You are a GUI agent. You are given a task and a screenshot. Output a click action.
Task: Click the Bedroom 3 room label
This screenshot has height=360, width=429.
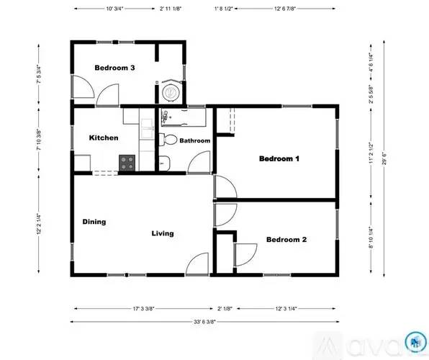115,68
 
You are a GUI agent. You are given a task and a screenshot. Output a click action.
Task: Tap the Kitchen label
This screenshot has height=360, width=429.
104,138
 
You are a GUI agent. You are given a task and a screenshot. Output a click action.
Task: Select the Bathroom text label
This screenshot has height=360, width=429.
195,140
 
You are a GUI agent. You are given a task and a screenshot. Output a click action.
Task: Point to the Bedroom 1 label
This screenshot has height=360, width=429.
279,158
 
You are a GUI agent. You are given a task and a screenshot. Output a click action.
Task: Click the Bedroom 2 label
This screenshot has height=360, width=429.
286,240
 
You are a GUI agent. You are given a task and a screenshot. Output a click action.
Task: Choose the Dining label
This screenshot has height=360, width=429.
94,222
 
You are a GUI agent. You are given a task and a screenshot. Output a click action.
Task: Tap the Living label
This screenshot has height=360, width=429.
162,233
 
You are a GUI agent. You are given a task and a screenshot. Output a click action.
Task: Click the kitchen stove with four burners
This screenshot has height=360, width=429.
127,163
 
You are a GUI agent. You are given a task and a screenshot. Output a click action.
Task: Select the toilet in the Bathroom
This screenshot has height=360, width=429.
171,140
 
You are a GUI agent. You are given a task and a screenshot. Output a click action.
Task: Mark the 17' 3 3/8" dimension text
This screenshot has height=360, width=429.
148,307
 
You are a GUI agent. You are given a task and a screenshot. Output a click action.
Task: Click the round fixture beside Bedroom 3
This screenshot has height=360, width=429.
171,92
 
